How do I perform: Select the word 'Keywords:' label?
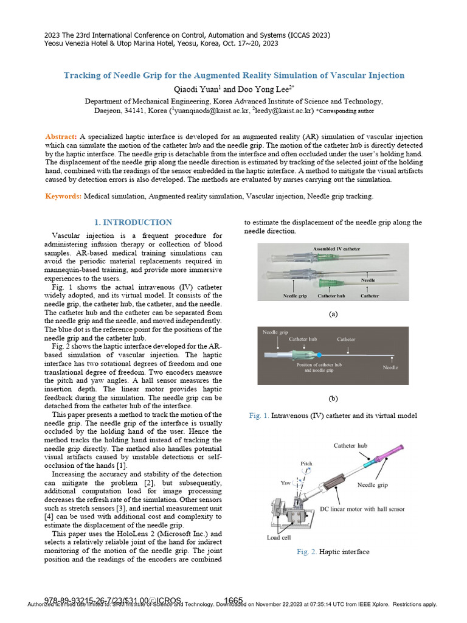point(64,197)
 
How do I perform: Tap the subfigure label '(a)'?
point(333,314)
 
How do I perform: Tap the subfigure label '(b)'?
point(333,399)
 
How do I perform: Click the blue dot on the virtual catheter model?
point(318,354)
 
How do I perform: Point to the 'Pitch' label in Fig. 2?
point(307,464)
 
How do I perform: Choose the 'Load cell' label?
point(280,538)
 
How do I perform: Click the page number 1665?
point(233,600)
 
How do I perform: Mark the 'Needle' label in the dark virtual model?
point(391,367)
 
